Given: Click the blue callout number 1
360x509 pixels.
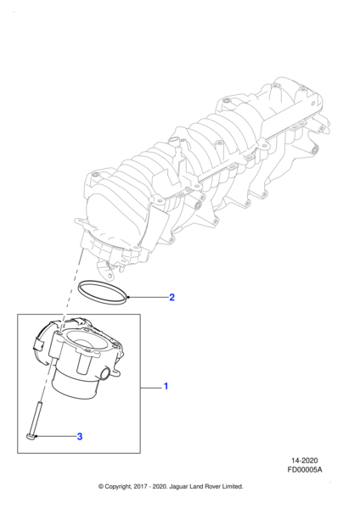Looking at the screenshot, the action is pyautogui.click(x=166, y=386).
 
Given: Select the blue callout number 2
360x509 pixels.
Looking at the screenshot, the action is pyautogui.click(x=172, y=297).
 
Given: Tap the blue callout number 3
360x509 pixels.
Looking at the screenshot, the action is pyautogui.click(x=80, y=436).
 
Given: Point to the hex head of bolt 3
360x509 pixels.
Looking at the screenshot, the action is pyautogui.click(x=31, y=437).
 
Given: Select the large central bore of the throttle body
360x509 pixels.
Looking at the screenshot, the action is pyautogui.click(x=87, y=343).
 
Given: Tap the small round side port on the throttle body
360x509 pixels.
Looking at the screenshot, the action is pyautogui.click(x=105, y=373).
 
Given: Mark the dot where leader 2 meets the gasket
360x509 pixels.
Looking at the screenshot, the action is pyautogui.click(x=129, y=297).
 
